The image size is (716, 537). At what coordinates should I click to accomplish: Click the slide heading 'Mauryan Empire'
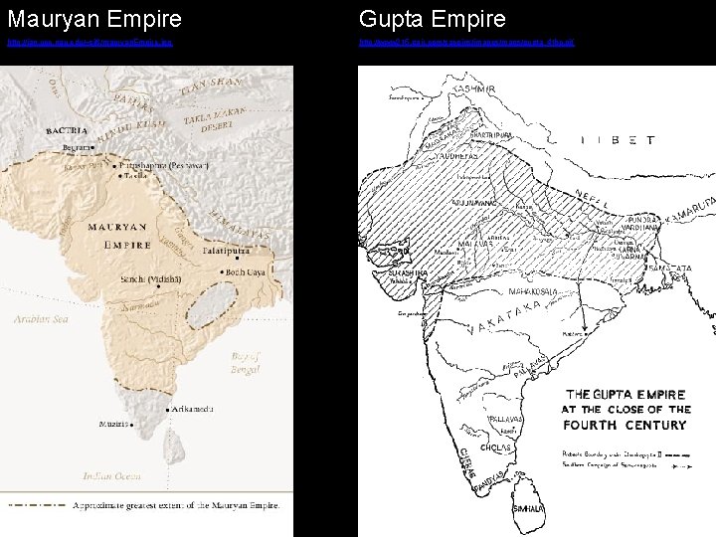click(94, 19)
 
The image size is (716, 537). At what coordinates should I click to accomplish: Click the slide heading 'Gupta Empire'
click(433, 19)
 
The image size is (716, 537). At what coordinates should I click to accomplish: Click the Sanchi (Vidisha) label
click(150, 278)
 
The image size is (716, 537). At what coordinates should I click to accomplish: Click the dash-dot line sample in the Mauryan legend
click(35, 504)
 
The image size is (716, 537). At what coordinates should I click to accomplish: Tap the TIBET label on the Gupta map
click(618, 141)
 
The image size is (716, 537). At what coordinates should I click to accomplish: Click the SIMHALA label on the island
click(526, 508)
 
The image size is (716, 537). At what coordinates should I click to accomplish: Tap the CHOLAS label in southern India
click(495, 447)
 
